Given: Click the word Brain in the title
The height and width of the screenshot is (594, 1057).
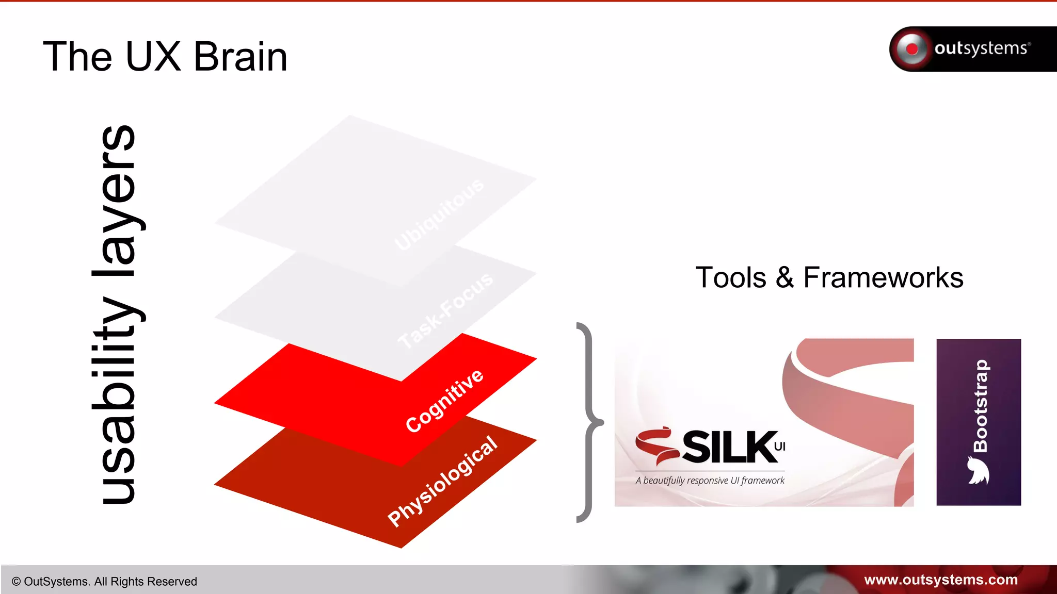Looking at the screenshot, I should [241, 57].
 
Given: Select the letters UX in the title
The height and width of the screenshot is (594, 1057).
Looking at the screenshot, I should [153, 57].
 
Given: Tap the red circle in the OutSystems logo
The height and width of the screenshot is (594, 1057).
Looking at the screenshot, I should [912, 49].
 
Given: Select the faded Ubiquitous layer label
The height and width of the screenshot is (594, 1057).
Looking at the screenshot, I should [439, 214].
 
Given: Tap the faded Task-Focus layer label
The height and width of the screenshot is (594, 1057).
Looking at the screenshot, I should [445, 310].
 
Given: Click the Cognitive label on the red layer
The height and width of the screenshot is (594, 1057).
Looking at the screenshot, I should [444, 401].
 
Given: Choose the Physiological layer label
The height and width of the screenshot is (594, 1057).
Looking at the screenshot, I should [442, 481].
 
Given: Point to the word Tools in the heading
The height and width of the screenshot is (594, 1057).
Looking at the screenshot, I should [731, 278].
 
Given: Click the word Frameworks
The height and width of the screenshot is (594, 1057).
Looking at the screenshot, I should [883, 278].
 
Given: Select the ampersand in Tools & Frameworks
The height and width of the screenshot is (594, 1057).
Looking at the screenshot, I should [784, 278].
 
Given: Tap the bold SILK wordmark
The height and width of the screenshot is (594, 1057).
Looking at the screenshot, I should [730, 447].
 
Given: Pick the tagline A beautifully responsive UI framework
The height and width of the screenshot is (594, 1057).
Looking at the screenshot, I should [710, 481].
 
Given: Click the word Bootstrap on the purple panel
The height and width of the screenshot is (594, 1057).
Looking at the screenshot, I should [980, 406].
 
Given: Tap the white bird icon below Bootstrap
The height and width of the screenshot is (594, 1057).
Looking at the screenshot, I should [978, 471].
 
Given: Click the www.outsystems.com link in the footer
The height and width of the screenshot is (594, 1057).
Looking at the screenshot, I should [941, 580].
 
